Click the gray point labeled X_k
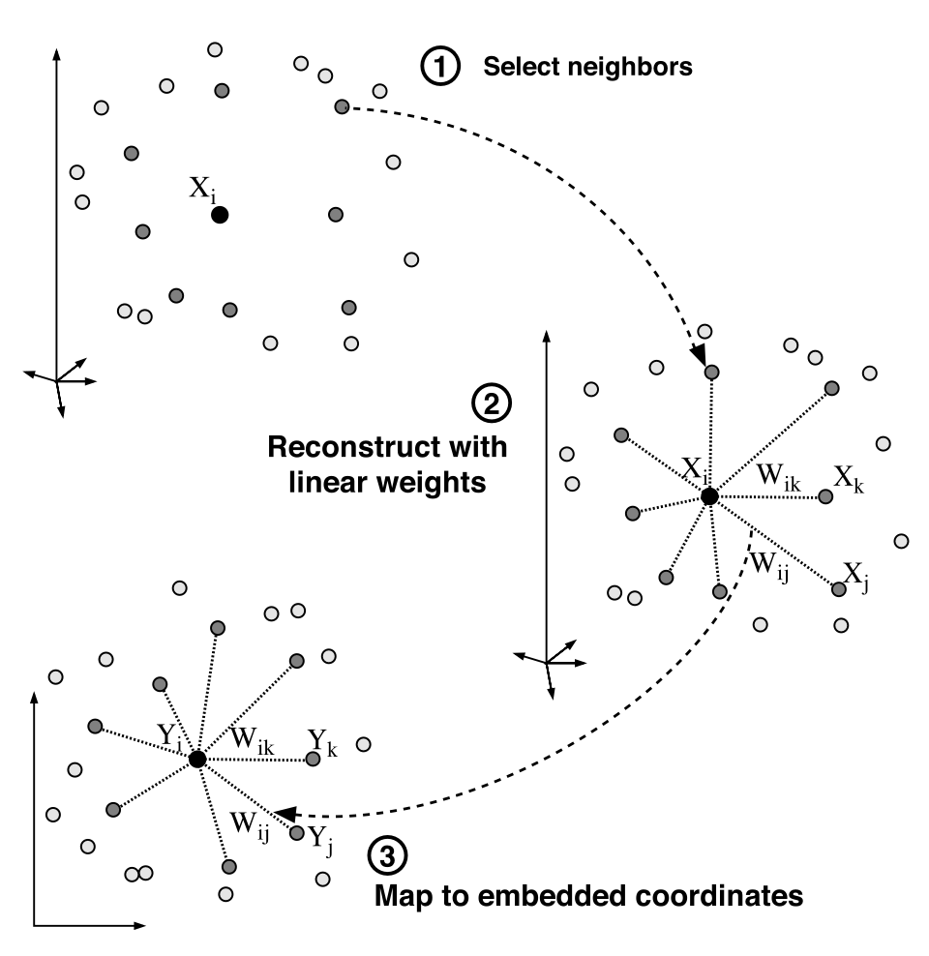tap(824, 496)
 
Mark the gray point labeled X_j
tap(838, 588)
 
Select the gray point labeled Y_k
tap(313, 760)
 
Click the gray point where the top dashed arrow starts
tap(341, 106)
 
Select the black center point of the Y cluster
tap(196, 760)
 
